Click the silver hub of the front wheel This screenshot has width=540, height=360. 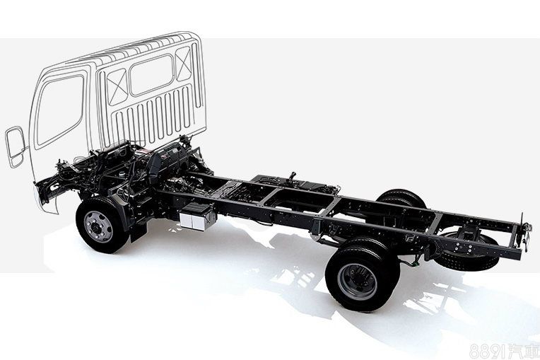click(x=98, y=226)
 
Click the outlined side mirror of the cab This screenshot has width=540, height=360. click(x=15, y=147)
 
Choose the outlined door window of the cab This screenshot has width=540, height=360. click(x=60, y=110)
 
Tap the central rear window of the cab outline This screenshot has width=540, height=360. click(x=151, y=75)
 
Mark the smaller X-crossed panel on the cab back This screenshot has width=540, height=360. click(x=184, y=64)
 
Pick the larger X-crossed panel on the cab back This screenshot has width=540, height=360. click(x=117, y=87)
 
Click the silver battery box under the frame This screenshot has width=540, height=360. click(x=197, y=216)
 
